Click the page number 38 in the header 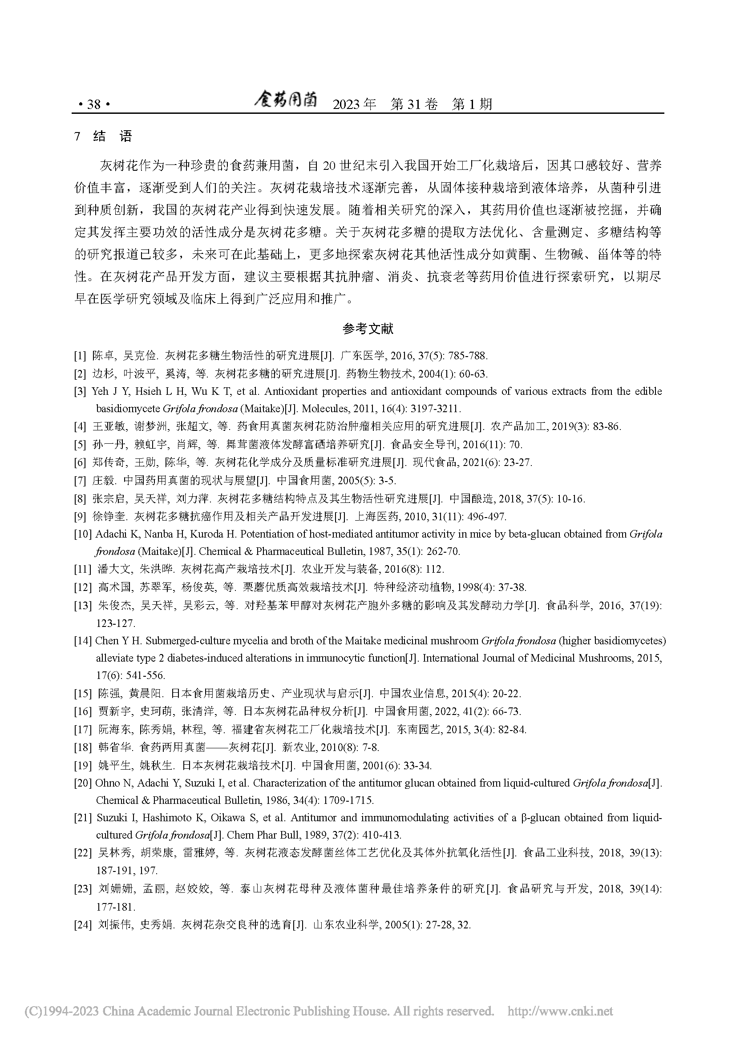coord(94,104)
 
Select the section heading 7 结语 coord(104,137)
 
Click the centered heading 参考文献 coord(368,329)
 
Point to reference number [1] coord(80,356)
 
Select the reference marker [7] coord(80,480)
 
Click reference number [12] coord(83,587)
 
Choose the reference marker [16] coord(83,711)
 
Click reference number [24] coord(83,924)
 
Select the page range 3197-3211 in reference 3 coord(435,409)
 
